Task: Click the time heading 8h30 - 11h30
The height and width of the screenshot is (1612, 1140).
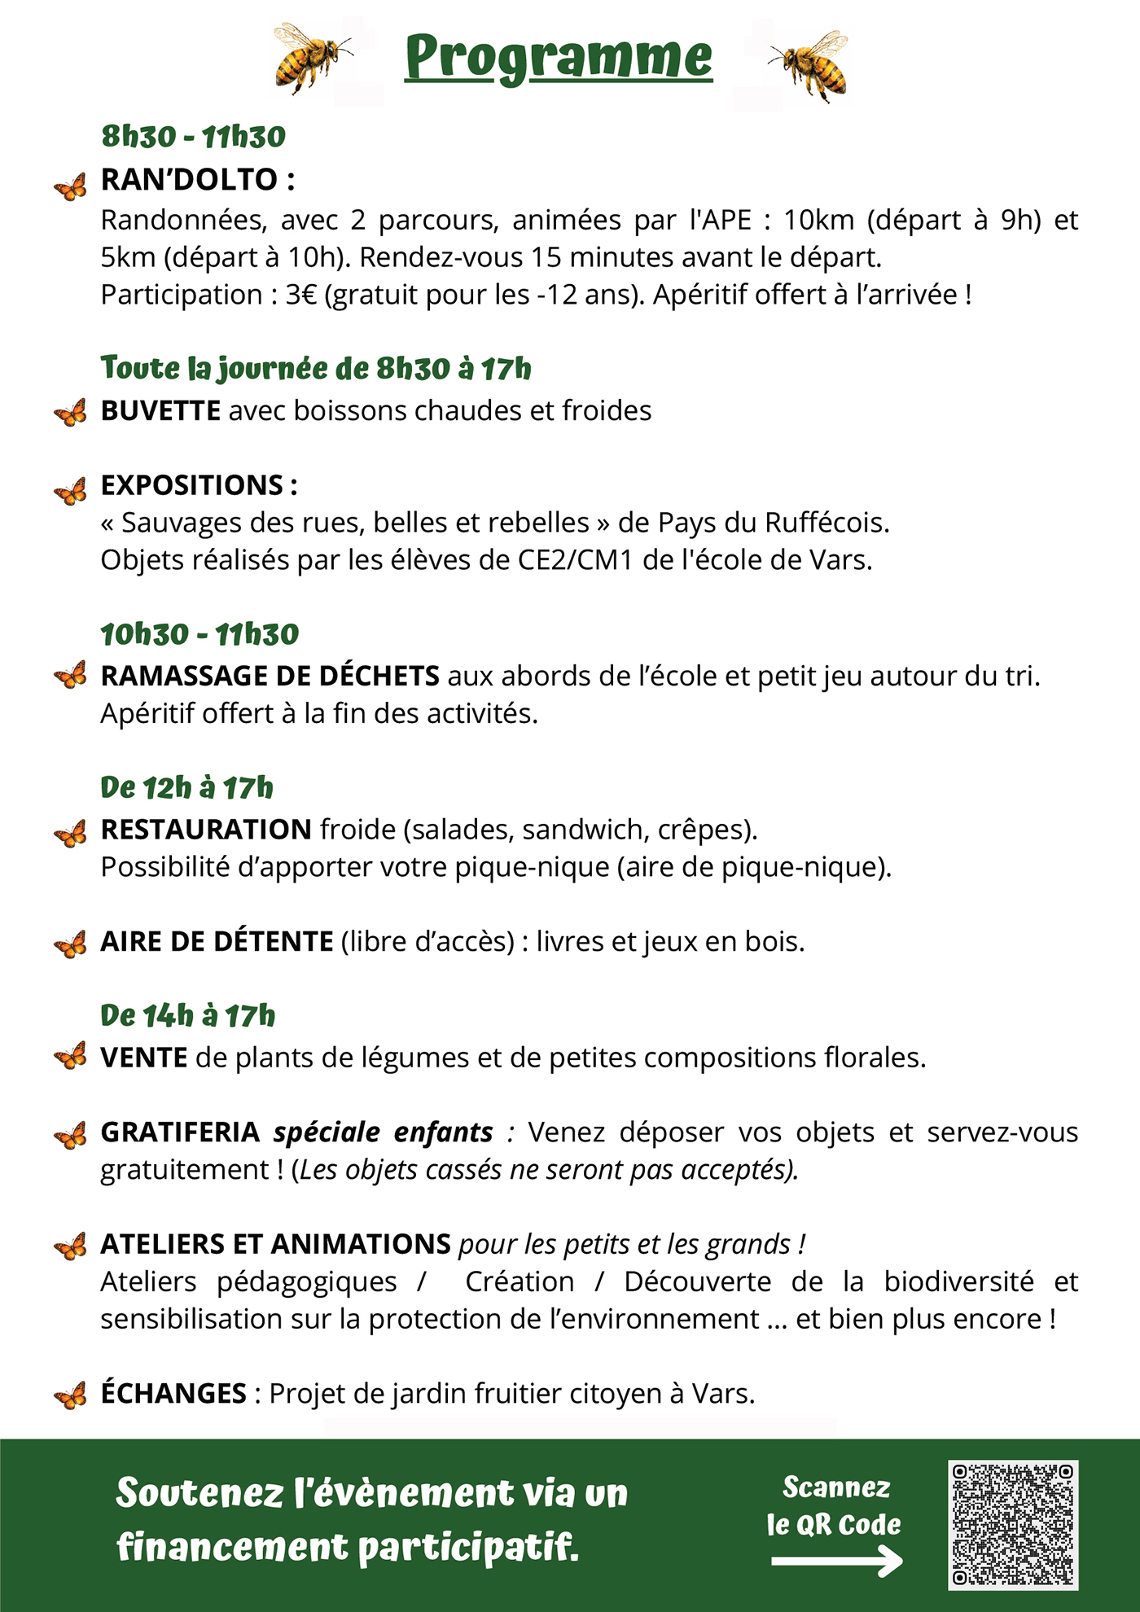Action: click(193, 136)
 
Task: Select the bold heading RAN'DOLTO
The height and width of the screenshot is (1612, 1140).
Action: click(190, 179)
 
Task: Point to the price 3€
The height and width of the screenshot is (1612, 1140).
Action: click(300, 295)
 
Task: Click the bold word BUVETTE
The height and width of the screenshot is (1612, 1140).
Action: click(160, 410)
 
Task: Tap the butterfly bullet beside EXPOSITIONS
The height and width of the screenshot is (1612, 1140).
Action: click(71, 491)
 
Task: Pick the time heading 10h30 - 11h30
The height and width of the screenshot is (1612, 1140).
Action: click(199, 633)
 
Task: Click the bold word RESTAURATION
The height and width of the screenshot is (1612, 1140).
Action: click(206, 829)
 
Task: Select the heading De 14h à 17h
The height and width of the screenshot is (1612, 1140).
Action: click(188, 1015)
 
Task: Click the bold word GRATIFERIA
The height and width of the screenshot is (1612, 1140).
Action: click(180, 1132)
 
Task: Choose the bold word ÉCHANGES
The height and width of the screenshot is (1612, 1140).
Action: click(173, 1393)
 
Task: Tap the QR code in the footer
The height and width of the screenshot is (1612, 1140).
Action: click(1013, 1524)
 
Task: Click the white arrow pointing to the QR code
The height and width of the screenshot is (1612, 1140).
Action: click(836, 1561)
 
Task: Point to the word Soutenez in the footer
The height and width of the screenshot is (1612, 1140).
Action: click(200, 1493)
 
